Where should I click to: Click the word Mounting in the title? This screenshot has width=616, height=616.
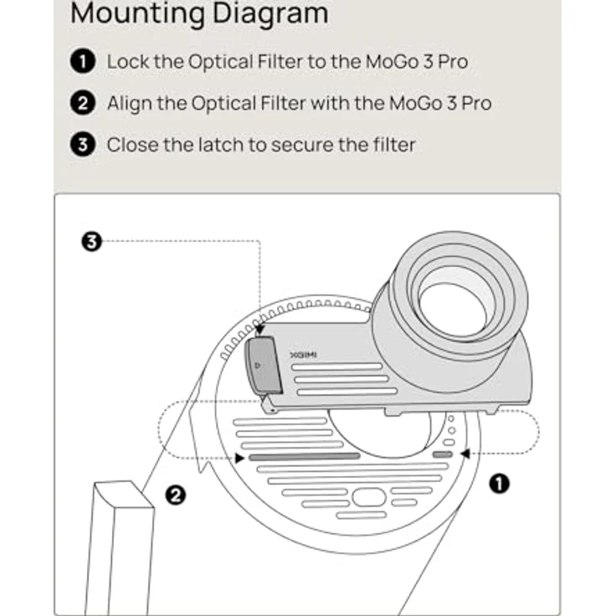[x=133, y=14]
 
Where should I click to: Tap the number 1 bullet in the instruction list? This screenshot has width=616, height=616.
[x=82, y=61]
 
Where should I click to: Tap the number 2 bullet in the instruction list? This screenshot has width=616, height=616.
[x=82, y=103]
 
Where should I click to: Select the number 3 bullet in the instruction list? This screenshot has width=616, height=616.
[x=82, y=144]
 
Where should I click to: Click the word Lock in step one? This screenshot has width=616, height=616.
[x=127, y=61]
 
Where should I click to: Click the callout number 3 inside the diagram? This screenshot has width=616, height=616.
[x=91, y=243]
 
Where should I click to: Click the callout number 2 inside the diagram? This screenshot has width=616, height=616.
[x=176, y=495]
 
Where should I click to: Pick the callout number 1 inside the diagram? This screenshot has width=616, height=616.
[x=500, y=484]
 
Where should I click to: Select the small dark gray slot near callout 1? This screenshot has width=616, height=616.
[x=444, y=454]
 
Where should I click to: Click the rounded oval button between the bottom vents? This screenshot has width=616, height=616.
[x=368, y=497]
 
